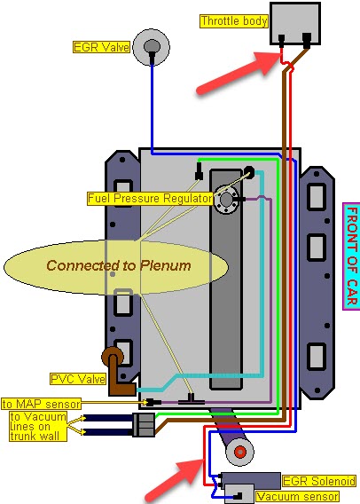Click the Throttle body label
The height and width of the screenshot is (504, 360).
pos(234,21)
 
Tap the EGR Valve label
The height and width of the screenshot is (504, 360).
pos(101,47)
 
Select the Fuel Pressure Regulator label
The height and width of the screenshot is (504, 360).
pos(150,199)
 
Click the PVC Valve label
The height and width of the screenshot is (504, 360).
pos(78,379)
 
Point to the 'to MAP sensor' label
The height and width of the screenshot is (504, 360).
pos(41,404)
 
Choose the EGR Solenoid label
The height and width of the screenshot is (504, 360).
pos(319,481)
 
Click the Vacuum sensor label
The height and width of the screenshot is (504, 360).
pos(297,497)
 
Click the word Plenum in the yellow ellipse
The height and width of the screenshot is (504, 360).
pos(166,265)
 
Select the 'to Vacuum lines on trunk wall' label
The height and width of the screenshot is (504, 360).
pos(38,426)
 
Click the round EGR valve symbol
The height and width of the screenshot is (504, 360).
pos(152,47)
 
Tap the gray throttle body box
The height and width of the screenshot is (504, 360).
pos(295,23)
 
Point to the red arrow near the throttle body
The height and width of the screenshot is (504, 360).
pos(239,73)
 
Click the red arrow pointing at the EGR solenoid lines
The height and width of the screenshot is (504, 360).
pos(175,481)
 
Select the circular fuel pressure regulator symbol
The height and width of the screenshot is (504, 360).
pos(226,200)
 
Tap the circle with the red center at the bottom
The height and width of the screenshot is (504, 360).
pos(240,452)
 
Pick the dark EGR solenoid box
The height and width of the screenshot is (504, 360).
pos(250,481)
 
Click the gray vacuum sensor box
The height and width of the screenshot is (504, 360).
pos(239,494)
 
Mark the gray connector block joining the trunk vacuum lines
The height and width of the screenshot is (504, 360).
pos(145,425)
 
